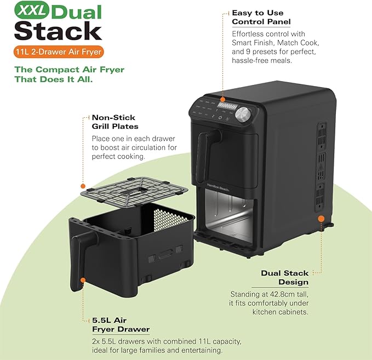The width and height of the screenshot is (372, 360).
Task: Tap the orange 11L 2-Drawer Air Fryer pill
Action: pos(59,52)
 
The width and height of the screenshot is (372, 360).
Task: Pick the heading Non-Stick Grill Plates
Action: pos(113,122)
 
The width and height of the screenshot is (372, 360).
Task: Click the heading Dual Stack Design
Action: pos(285,277)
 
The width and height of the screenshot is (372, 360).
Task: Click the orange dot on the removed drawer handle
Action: pos(83,280)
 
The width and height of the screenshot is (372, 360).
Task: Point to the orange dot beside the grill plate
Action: pos(83,186)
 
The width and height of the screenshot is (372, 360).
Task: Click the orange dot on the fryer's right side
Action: pos(319,218)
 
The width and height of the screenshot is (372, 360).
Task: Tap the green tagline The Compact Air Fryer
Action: pos(69,74)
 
